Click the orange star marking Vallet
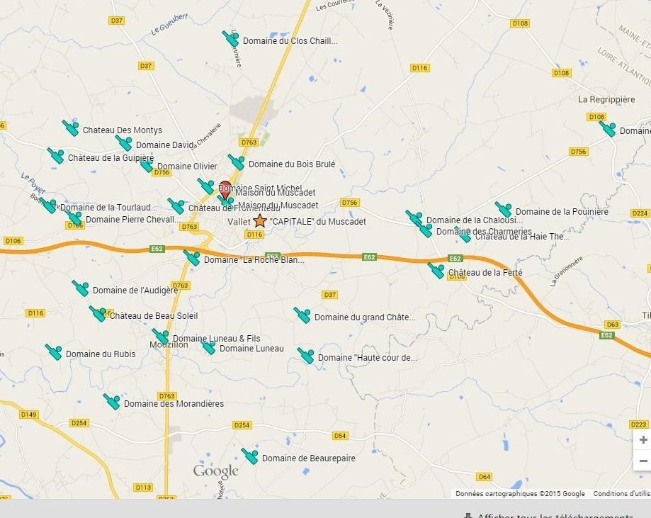(x=260, y=221)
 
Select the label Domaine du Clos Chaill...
(x=290, y=41)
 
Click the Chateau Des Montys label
(x=122, y=130)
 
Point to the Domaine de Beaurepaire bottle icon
(x=249, y=456)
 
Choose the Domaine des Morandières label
(x=174, y=404)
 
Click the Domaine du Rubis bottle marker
(x=54, y=351)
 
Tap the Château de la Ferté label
(x=485, y=273)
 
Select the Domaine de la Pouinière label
(x=562, y=212)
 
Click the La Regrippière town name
(x=606, y=100)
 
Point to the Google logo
(x=216, y=471)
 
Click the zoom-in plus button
(x=642, y=439)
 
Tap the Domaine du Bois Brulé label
(x=291, y=164)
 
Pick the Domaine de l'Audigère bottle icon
(x=80, y=288)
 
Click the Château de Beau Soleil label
(x=154, y=316)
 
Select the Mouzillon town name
(x=169, y=345)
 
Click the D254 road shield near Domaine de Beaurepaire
(x=242, y=425)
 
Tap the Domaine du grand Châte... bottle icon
(x=302, y=315)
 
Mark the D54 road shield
(x=340, y=436)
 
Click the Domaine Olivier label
(x=187, y=167)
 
